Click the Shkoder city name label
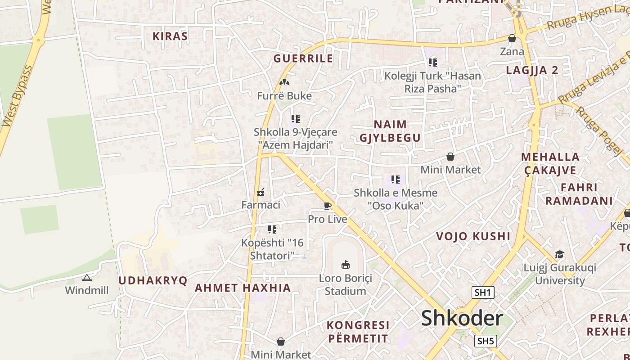click(462, 319)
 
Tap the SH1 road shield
click(483, 292)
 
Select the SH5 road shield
click(486, 341)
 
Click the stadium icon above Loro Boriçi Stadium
click(346, 265)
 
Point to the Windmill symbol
click(87, 278)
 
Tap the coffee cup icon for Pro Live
click(328, 206)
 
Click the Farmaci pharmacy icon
click(261, 193)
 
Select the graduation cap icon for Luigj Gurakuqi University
click(559, 255)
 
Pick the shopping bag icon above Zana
click(512, 39)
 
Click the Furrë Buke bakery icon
click(284, 82)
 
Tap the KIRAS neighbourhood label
click(170, 36)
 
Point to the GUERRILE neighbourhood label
click(303, 58)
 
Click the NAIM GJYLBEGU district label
click(390, 131)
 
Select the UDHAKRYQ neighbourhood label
click(153, 280)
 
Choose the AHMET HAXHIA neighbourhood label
click(243, 288)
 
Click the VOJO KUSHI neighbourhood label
click(473, 236)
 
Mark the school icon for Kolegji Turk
click(432, 63)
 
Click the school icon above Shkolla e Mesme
click(396, 180)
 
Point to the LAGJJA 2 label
click(532, 70)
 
